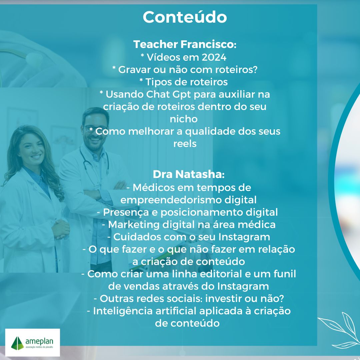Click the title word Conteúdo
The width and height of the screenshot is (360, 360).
tap(185, 17)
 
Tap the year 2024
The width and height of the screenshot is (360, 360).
tap(214, 57)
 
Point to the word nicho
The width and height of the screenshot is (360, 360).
tap(184, 119)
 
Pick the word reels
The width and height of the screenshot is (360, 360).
tap(185, 144)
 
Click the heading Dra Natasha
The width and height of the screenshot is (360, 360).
tap(188, 174)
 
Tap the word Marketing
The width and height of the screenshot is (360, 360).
tap(134, 225)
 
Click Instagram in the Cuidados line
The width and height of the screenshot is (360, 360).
tap(244, 237)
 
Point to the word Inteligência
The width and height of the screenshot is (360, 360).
tap(123, 311)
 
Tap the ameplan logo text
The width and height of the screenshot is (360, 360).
tap(39, 341)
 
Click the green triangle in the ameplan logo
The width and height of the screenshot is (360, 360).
tap(17, 343)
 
